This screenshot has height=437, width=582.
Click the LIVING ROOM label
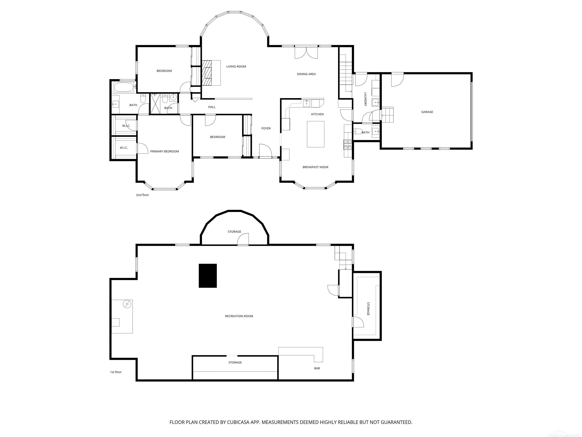[236, 66]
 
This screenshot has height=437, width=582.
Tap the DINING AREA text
[306, 74]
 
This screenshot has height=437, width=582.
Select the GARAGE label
[427, 112]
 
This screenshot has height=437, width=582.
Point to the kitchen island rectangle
[315, 134]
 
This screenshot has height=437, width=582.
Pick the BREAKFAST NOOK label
[315, 167]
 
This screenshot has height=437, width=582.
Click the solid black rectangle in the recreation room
[208, 276]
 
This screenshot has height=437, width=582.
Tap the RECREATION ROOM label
[239, 316]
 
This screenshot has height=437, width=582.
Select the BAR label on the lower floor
[317, 368]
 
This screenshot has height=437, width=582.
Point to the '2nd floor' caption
[142, 195]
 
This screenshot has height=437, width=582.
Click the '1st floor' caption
[116, 372]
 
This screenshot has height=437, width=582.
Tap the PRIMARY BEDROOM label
[164, 152]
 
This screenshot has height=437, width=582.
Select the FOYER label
[266, 128]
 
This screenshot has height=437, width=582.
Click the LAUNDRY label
[365, 99]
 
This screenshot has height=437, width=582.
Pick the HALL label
[212, 107]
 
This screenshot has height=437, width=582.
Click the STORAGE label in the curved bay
[234, 232]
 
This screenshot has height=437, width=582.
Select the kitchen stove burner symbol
[347, 145]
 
